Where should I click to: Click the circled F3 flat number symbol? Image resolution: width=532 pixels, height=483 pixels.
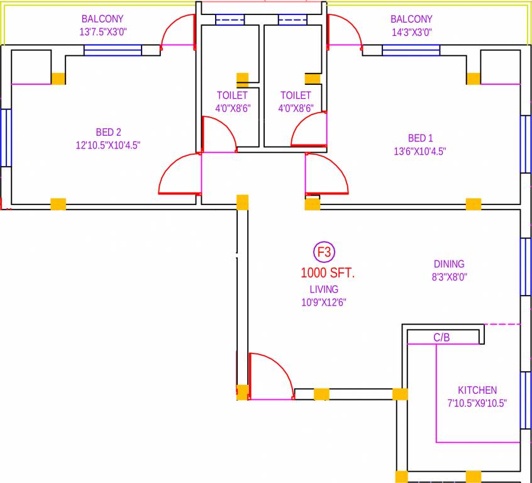(324, 253)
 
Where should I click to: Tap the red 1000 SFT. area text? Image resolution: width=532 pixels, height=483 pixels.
(328, 273)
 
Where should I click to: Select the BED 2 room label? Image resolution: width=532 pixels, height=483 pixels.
(108, 132)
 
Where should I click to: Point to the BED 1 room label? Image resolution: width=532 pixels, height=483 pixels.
(420, 138)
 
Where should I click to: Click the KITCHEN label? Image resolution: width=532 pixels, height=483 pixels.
(477, 390)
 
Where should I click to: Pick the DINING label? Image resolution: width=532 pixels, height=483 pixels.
(449, 264)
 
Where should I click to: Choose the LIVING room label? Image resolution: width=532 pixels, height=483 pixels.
(324, 289)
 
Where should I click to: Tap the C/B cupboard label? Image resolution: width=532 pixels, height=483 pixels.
(441, 338)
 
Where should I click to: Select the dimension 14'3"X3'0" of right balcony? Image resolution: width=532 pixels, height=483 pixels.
(412, 32)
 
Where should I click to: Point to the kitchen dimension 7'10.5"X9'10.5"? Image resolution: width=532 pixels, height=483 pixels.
(477, 403)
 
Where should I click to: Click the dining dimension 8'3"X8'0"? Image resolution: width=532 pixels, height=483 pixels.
(449, 277)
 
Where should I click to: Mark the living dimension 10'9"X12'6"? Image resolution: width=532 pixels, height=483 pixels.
(324, 302)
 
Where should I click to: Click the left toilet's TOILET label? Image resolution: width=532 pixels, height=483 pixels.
(232, 96)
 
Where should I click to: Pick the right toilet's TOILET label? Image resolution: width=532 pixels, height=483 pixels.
(296, 96)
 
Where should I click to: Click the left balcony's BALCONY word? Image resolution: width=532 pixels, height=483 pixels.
(103, 19)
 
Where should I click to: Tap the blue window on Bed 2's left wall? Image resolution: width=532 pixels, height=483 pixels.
(6, 138)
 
